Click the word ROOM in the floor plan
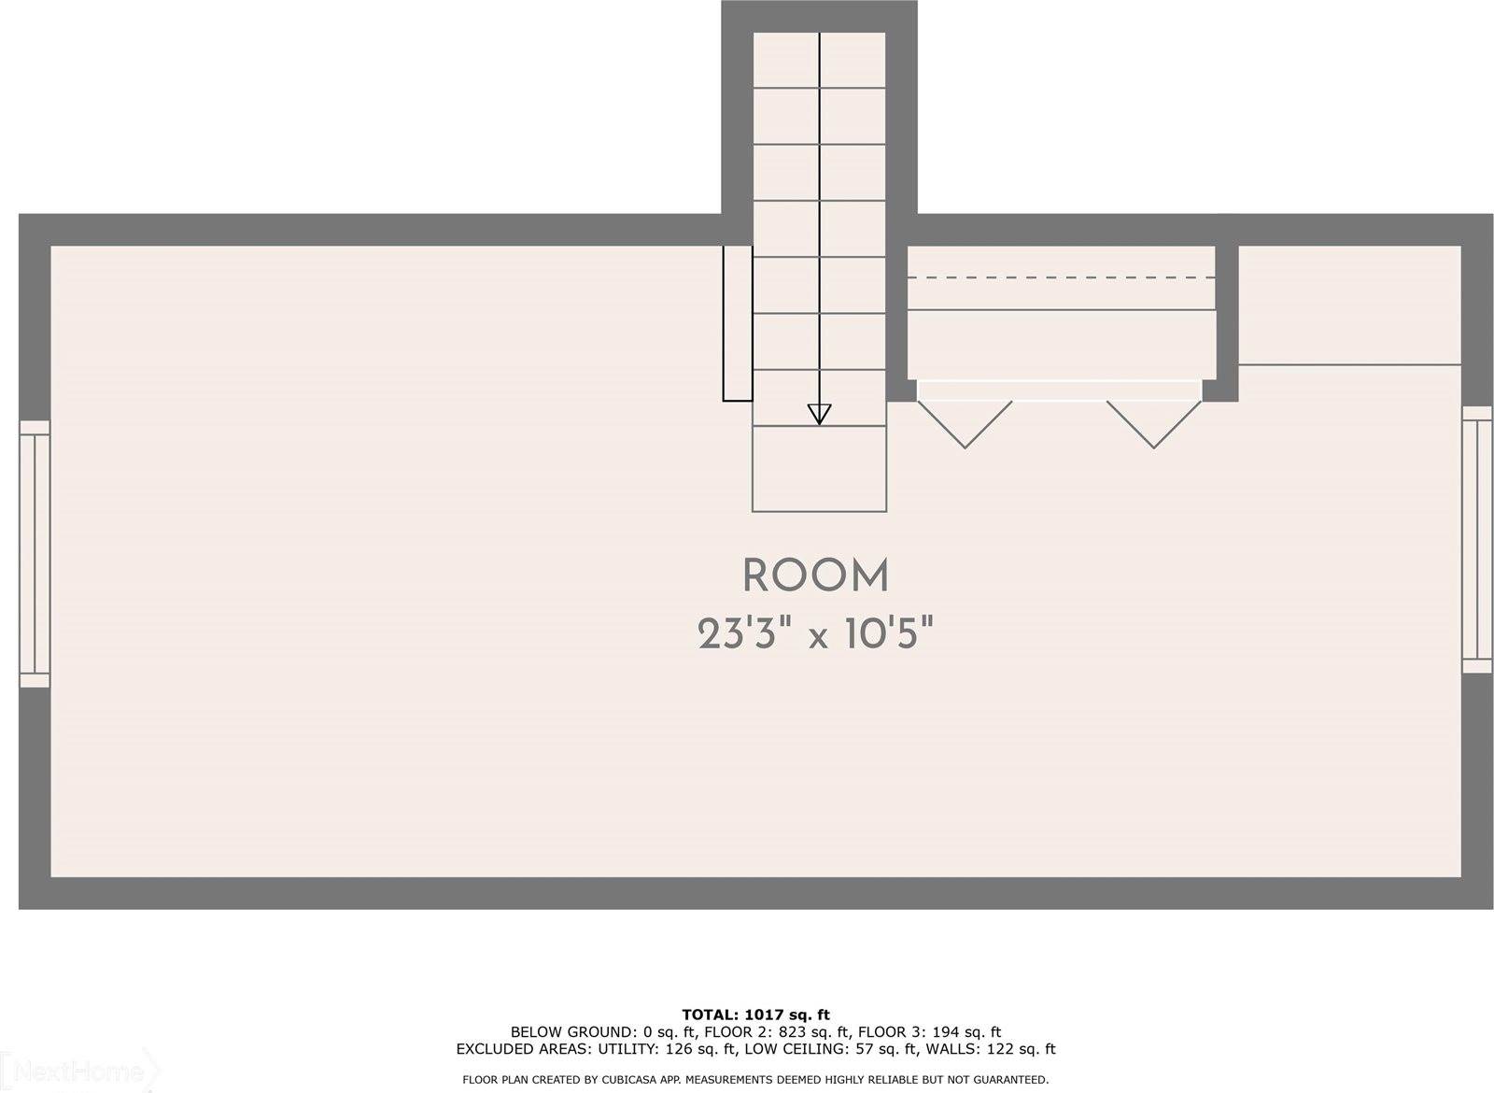(816, 576)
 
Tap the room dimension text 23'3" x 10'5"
(815, 633)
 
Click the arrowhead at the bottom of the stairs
(819, 415)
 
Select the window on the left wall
(35, 554)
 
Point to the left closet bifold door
(965, 424)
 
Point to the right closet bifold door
(1154, 424)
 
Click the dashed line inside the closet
(1061, 277)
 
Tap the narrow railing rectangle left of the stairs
(738, 323)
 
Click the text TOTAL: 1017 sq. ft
(755, 1015)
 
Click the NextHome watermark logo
(79, 1072)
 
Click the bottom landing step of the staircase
(820, 468)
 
